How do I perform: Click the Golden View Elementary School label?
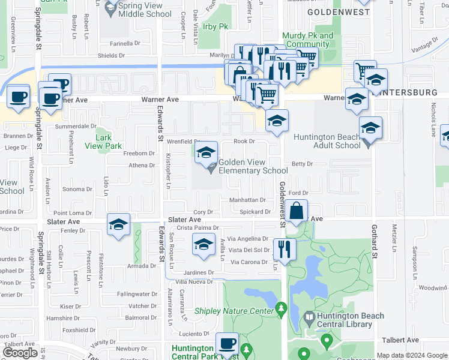tap(253, 166)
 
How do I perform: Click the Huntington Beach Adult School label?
tap(327, 141)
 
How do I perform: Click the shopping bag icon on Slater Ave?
tap(297, 211)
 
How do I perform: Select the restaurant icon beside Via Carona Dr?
tap(284, 248)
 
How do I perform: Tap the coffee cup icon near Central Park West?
tap(227, 343)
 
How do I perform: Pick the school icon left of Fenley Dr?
tap(119, 224)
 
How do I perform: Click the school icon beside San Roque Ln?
tap(203, 245)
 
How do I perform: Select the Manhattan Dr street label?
tap(247, 200)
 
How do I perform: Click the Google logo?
tap(20, 353)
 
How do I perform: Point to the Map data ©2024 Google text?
tap(412, 355)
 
